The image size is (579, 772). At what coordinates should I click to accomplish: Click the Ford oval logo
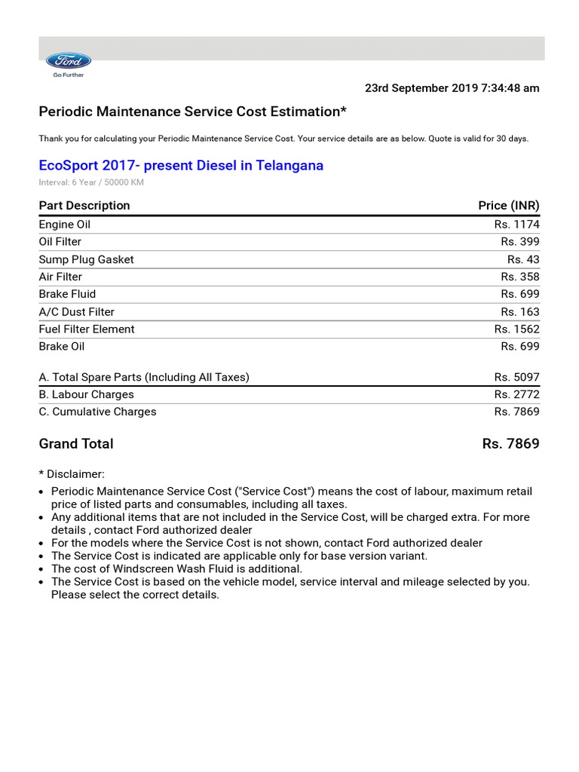point(69,61)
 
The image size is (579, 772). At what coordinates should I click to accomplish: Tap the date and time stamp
point(452,88)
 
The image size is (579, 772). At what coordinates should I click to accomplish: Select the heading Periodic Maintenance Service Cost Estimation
point(193,112)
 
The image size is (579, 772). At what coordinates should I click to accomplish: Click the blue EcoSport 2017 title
point(181,165)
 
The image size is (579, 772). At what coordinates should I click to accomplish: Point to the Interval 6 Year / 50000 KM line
point(91,182)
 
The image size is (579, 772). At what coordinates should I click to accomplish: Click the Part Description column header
point(84,206)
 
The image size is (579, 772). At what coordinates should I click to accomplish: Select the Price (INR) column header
point(508,206)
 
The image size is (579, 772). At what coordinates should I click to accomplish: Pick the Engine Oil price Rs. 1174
point(516,225)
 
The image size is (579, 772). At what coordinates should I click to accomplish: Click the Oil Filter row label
point(60,242)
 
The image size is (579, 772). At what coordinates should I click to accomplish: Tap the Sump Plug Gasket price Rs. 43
point(523,259)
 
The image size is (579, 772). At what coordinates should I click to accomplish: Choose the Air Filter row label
point(60,277)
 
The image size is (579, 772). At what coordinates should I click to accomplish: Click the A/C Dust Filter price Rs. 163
point(519,312)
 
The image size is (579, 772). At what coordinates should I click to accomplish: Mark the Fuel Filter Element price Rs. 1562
point(516,329)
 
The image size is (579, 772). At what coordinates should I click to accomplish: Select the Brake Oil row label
point(62,347)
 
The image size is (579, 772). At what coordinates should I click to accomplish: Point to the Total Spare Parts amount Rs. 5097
point(516,377)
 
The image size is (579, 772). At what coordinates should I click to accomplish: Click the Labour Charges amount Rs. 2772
point(516,394)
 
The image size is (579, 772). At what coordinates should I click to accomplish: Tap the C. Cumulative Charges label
point(98,412)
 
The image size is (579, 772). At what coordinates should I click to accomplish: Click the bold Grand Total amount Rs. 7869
point(510,444)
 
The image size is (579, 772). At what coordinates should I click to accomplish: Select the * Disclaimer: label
point(72,474)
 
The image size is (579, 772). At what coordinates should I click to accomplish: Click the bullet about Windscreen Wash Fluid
point(176,569)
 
